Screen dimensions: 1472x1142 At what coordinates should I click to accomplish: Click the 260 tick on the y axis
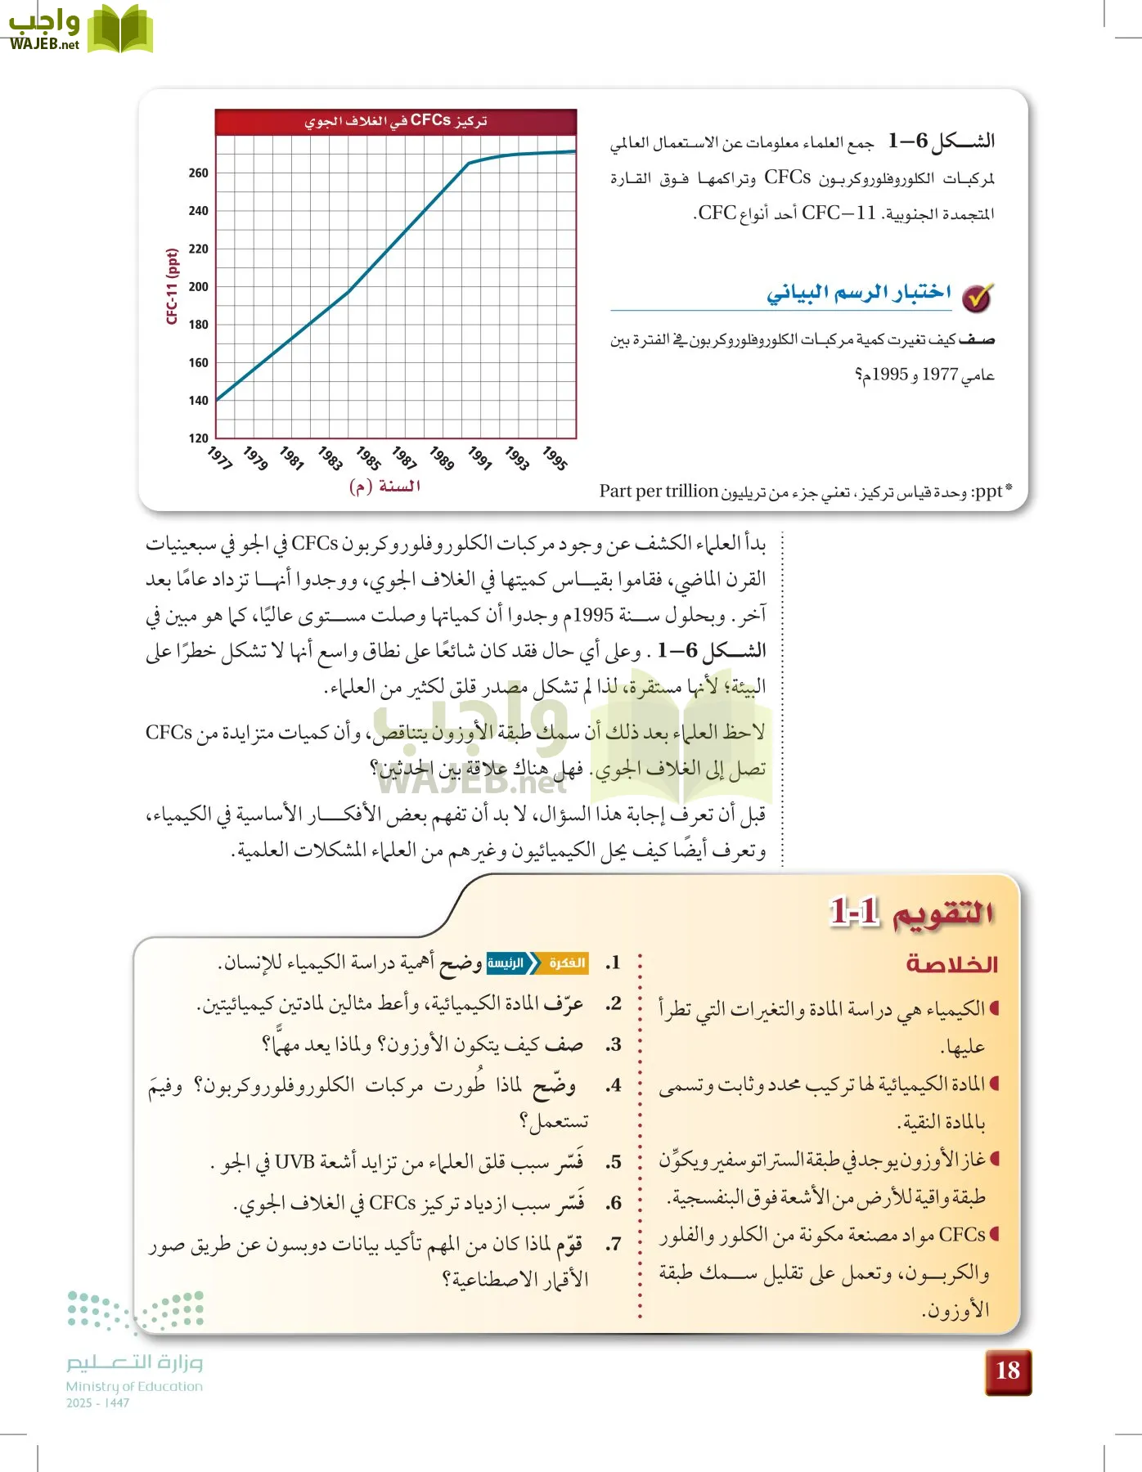point(198,173)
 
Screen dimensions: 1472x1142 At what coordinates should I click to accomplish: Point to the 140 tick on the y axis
point(198,400)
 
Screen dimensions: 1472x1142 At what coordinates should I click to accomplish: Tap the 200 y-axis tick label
point(198,286)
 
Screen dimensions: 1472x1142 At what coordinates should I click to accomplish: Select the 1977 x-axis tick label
point(219,458)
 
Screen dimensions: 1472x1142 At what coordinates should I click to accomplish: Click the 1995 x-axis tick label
point(555,458)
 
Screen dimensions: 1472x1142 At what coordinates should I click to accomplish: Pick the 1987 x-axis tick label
point(404,458)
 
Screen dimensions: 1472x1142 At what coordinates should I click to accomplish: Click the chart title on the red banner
point(396,121)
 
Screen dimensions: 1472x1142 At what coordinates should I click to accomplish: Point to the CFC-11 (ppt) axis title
point(172,286)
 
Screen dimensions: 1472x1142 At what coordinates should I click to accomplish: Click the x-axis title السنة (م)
point(384,486)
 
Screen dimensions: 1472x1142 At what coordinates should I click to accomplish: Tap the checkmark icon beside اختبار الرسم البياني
point(976,298)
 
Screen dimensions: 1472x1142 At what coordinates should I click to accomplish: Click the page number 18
point(1008,1371)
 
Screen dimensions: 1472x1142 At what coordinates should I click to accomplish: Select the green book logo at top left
point(119,29)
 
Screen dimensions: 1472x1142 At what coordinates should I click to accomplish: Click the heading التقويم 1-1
point(911,912)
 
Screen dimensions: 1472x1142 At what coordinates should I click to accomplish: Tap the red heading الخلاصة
point(951,964)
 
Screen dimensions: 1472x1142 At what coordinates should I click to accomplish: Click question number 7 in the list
point(614,1244)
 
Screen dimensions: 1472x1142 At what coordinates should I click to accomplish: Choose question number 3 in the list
point(614,1044)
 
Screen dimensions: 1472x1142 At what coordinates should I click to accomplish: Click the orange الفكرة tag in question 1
point(566,963)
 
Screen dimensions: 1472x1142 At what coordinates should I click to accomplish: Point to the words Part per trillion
point(659,491)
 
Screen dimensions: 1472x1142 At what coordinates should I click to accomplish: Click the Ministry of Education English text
point(134,1386)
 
